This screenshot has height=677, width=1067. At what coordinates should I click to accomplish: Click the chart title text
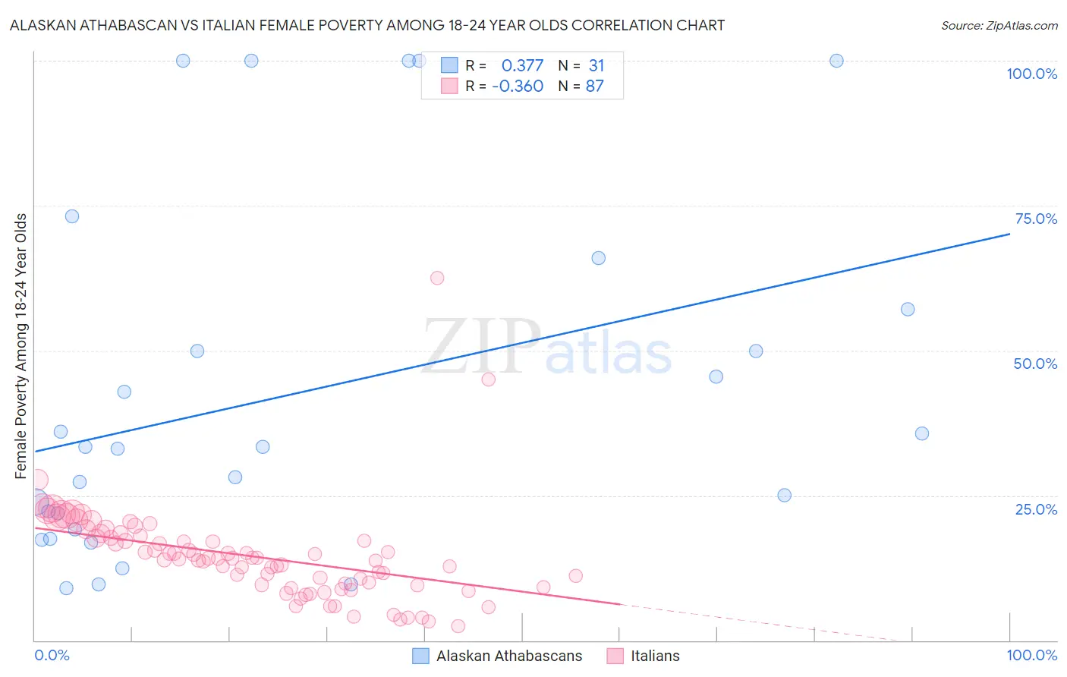tap(367, 25)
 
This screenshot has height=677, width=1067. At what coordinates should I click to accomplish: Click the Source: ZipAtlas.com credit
tap(999, 25)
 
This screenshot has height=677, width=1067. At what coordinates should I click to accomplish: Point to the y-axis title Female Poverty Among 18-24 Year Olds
tap(20, 346)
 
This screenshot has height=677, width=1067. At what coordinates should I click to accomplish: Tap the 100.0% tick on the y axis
tap(1031, 74)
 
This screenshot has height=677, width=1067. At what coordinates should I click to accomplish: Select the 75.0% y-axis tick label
tap(1036, 219)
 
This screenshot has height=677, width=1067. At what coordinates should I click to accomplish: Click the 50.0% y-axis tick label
tap(1035, 364)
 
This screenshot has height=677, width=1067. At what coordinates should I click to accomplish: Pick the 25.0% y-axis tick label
tap(1036, 509)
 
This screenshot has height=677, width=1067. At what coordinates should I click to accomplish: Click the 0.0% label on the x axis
tap(52, 655)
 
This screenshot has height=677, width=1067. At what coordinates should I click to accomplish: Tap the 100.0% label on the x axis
tap(1031, 655)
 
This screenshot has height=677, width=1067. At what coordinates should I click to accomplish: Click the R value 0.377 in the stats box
tap(522, 65)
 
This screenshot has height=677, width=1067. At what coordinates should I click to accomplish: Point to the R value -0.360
tap(518, 86)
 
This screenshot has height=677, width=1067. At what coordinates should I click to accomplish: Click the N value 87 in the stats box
tap(594, 86)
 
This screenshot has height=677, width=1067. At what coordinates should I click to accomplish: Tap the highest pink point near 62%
tap(437, 278)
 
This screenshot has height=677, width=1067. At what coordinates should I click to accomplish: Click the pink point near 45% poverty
tap(489, 379)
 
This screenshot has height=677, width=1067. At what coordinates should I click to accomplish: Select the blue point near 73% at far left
tap(72, 216)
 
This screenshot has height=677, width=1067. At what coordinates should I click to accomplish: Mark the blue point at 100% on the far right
tap(836, 61)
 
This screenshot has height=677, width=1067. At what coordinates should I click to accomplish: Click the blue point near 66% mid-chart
tap(599, 258)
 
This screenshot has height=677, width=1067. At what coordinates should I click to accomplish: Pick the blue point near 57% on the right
tap(908, 309)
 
